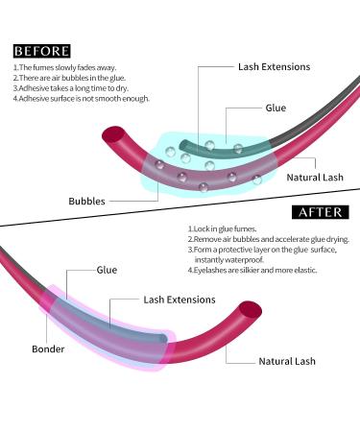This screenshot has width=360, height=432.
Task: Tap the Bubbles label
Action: click(86, 202)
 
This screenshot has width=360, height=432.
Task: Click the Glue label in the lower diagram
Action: click(107, 271)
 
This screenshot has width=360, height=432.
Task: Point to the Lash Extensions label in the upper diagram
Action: click(275, 68)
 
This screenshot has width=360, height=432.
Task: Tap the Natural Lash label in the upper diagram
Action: click(313, 178)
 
